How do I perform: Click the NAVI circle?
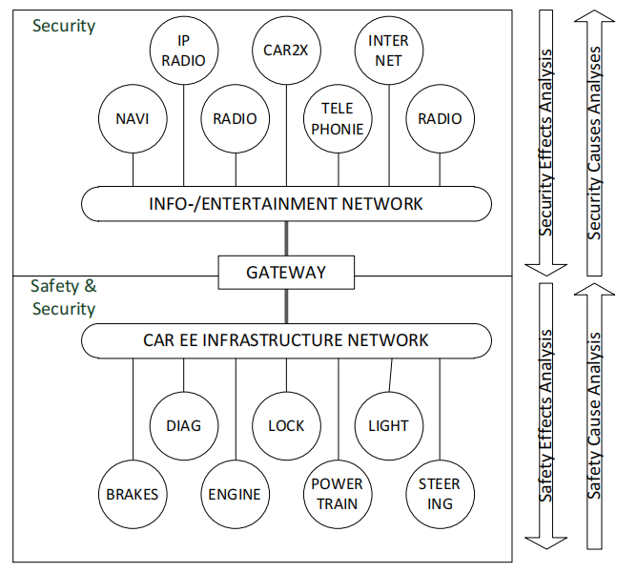click(133, 120)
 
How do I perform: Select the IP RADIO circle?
click(184, 51)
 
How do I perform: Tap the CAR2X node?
click(286, 51)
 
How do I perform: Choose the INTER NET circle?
click(388, 51)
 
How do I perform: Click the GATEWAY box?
click(286, 272)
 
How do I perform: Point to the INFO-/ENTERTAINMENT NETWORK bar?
click(286, 204)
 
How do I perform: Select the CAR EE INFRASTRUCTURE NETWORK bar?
click(286, 340)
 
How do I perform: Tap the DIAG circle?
click(184, 425)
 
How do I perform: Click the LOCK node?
click(286, 425)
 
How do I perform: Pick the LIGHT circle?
click(388, 425)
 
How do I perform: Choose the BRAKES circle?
click(133, 495)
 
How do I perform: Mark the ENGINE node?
click(235, 495)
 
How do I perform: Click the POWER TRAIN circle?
click(338, 495)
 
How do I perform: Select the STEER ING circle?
click(440, 495)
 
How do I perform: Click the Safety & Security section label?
click(63, 297)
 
